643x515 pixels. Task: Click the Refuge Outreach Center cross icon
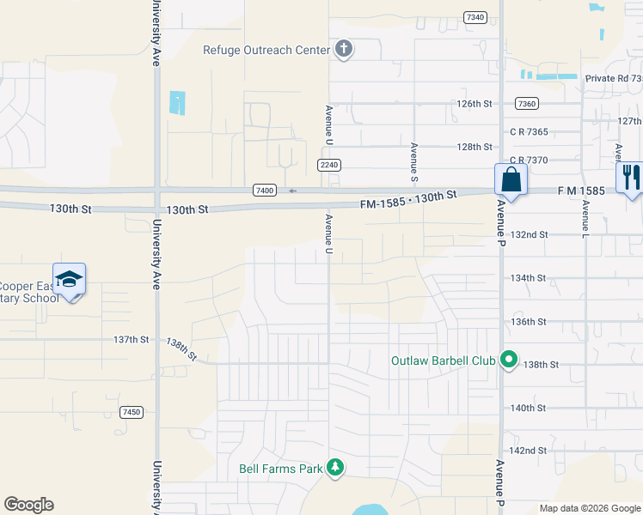tap(343, 49)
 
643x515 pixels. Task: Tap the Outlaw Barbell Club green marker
tap(508, 360)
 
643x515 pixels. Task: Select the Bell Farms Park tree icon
tap(336, 468)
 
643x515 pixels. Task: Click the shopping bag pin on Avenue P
tap(511, 181)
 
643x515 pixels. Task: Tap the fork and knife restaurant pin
tap(630, 179)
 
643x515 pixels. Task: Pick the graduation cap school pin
tap(69, 279)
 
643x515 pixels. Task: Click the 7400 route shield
tap(265, 190)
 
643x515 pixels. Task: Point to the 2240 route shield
tap(328, 164)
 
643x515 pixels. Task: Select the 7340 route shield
tap(475, 17)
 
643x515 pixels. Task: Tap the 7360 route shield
tap(527, 103)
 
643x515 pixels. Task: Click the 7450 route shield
tap(132, 412)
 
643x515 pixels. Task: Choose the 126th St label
tap(475, 104)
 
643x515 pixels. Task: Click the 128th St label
tap(475, 147)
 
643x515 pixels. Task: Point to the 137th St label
tap(132, 340)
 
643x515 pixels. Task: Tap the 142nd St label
tap(529, 451)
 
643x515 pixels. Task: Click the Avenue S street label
tap(414, 161)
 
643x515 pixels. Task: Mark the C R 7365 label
tap(529, 131)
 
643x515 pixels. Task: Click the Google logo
tap(28, 505)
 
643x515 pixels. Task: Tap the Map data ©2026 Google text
tap(589, 508)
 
